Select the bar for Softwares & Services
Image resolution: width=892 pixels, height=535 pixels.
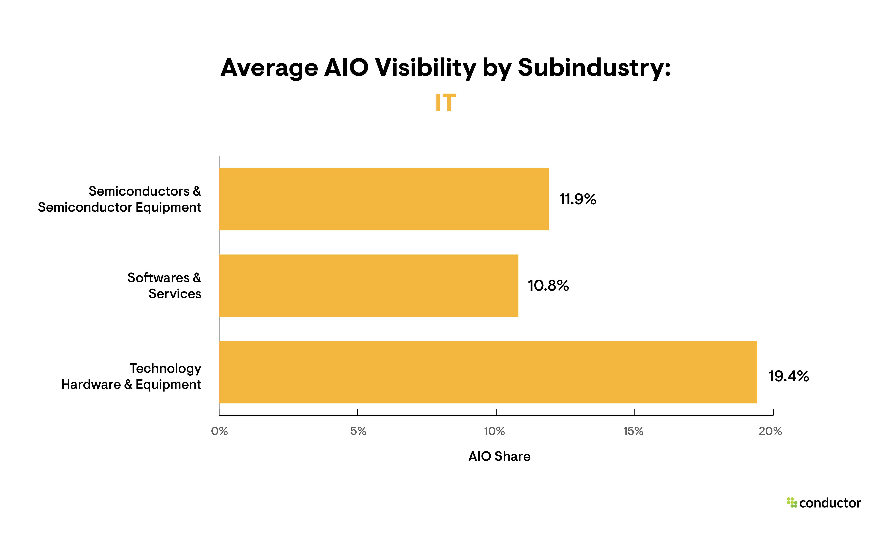368,286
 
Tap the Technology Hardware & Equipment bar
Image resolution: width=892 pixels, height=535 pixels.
488,372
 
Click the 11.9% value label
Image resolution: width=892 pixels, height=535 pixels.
577,199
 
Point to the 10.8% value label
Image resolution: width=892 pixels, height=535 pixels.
548,286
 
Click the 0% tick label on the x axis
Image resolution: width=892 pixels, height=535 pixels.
219,431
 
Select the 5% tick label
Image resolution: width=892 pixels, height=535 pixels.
358,431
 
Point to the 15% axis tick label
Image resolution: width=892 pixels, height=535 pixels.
633,431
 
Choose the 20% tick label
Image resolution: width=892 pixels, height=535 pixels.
770,431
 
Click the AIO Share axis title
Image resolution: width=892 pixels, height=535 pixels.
499,456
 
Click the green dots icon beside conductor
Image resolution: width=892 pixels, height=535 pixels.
792,503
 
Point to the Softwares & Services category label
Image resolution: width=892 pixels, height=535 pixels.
164,286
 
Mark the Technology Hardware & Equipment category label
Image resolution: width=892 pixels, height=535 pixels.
131,376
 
